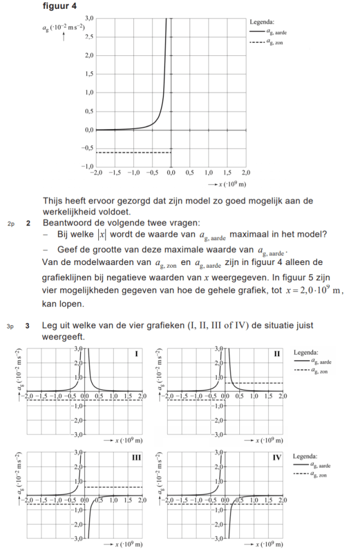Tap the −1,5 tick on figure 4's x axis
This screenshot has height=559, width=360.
tap(114, 172)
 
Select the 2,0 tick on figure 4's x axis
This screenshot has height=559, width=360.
tap(245, 172)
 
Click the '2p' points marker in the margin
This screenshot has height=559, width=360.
tap(11, 223)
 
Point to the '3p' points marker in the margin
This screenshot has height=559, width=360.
tap(11, 327)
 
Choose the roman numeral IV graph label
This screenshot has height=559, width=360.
tap(276, 458)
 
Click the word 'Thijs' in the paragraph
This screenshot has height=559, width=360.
tap(52, 201)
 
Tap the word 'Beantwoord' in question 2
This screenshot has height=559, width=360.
tap(66, 223)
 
